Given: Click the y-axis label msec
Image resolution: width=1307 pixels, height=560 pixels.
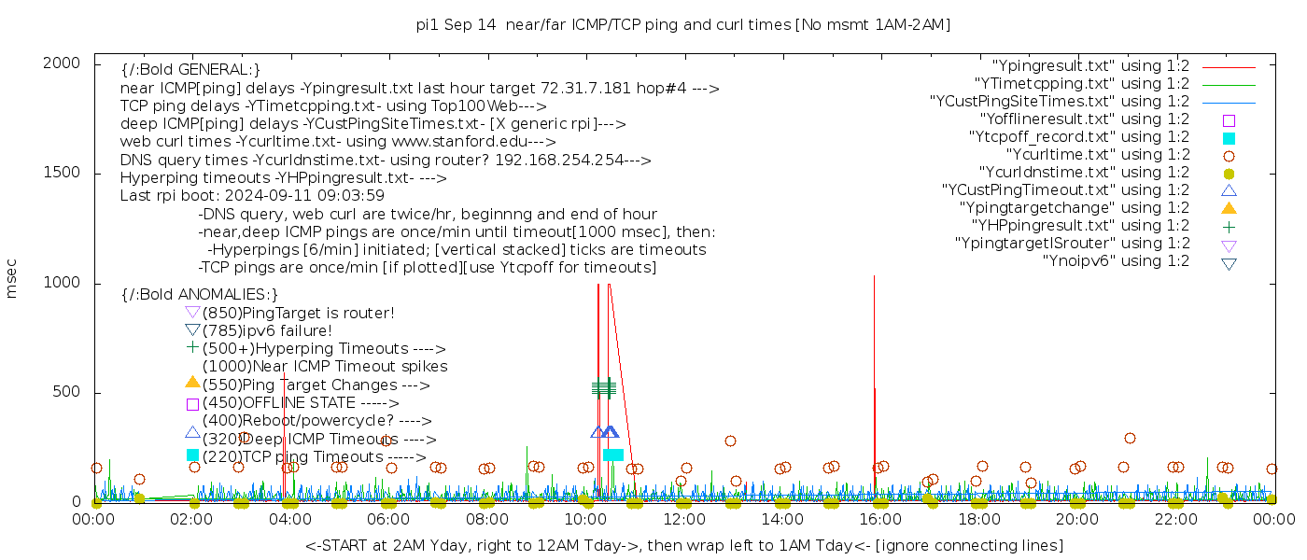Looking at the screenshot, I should click(12, 278).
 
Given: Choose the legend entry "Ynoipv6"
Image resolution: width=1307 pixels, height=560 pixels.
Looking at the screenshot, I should click(1116, 261).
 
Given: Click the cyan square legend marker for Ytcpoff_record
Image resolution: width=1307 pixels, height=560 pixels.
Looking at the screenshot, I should click(1229, 138).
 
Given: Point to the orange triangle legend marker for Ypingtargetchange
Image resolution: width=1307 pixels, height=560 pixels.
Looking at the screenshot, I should click(1229, 208).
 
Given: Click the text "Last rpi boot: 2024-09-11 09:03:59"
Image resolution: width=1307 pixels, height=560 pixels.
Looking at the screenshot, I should click(252, 196).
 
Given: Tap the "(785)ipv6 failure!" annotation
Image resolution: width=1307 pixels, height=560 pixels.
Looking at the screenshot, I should click(267, 331).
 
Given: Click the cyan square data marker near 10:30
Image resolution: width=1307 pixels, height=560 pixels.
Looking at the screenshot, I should click(612, 455).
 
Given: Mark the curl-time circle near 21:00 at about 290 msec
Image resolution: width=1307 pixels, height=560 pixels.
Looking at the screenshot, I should click(1130, 438).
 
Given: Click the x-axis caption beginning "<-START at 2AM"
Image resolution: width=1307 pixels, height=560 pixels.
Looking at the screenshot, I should click(683, 545).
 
